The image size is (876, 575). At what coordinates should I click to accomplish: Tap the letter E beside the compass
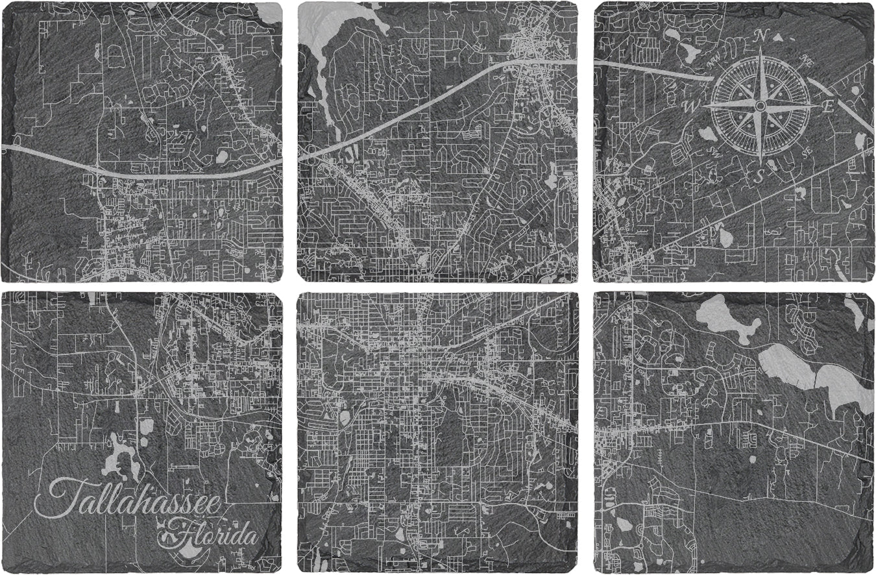click(828, 107)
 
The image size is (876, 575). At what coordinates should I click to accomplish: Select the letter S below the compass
click(757, 177)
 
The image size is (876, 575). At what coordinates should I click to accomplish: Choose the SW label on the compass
click(716, 153)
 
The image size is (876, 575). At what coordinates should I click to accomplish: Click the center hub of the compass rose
click(760, 105)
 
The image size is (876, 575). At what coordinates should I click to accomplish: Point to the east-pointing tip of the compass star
click(819, 105)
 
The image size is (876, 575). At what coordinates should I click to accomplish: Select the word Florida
click(214, 536)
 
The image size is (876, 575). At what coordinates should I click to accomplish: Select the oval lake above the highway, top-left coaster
click(221, 156)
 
